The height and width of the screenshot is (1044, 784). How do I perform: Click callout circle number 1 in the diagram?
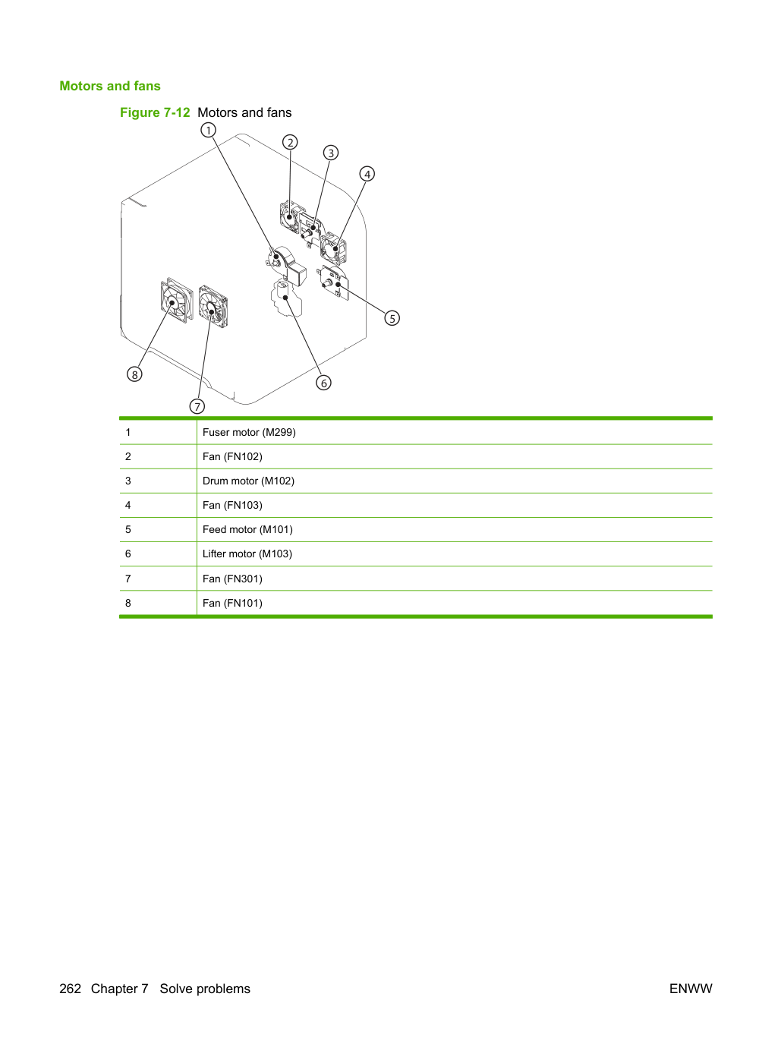click(x=208, y=130)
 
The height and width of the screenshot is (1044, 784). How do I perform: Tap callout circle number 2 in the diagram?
click(x=290, y=142)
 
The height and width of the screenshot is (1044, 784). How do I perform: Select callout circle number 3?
click(x=331, y=153)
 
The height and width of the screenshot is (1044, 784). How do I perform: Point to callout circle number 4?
click(x=367, y=174)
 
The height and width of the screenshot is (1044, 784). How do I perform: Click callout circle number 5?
click(x=392, y=318)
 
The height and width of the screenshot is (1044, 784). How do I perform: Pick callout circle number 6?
click(x=324, y=383)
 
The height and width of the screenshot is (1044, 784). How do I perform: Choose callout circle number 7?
click(x=197, y=407)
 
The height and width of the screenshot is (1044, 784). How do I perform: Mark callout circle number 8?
click(x=134, y=374)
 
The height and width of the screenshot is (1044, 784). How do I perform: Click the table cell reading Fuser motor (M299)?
click(x=249, y=432)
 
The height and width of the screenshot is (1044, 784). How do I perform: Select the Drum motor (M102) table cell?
click(x=249, y=481)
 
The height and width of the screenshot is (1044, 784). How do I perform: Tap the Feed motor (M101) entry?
click(x=247, y=529)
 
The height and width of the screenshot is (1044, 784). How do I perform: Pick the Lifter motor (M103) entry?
click(x=247, y=554)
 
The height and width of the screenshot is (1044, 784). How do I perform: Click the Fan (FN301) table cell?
click(x=232, y=579)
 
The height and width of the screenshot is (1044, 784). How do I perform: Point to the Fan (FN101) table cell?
click(x=232, y=603)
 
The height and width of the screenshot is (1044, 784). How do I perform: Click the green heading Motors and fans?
click(x=110, y=86)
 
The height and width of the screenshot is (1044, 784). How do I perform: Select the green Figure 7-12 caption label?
click(x=155, y=112)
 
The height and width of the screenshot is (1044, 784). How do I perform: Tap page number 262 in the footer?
click(x=71, y=989)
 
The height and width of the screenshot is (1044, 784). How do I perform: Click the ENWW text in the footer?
click(x=691, y=989)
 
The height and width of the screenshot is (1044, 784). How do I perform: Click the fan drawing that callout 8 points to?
click(x=176, y=301)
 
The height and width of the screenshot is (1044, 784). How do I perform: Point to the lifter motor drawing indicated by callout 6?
click(x=285, y=298)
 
